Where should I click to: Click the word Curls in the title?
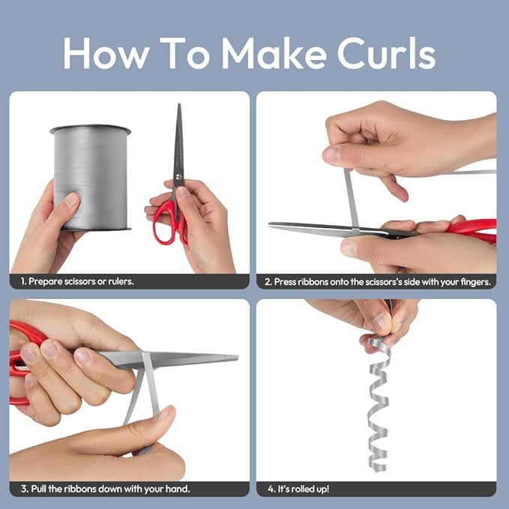pyautogui.click(x=386, y=52)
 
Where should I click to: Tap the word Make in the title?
pyautogui.click(x=274, y=52)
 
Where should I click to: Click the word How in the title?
pyautogui.click(x=106, y=52)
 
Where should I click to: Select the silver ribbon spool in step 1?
pyautogui.click(x=91, y=178)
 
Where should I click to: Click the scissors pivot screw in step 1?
pyautogui.click(x=178, y=177)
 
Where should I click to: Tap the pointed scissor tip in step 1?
pyautogui.click(x=179, y=104)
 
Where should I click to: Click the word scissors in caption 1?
pyautogui.click(x=80, y=281)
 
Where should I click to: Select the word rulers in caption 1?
pyautogui.click(x=121, y=281)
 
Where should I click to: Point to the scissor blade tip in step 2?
pyautogui.click(x=270, y=224)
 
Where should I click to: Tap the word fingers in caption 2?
pyautogui.click(x=475, y=282)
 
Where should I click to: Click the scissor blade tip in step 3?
pyautogui.click(x=237, y=358)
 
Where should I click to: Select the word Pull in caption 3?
pyautogui.click(x=38, y=489)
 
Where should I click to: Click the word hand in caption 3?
pyautogui.click(x=177, y=489)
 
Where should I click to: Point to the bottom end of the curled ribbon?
pyautogui.click(x=379, y=469)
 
